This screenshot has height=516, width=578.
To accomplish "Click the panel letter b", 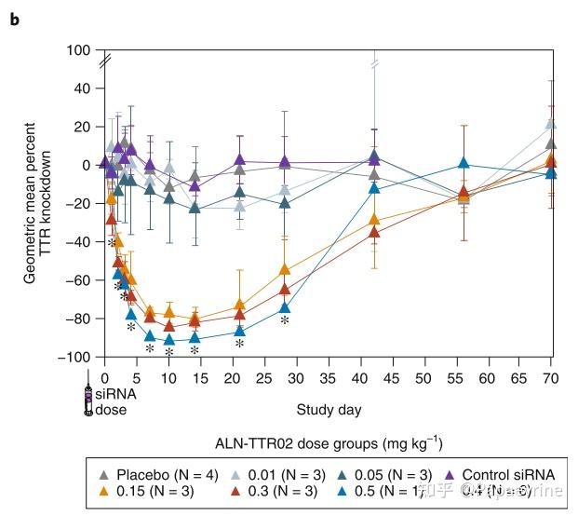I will tap(14, 19).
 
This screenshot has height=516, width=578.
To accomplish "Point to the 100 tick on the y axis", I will tap(84, 49).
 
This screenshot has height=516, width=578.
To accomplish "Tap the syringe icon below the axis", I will tap(89, 398).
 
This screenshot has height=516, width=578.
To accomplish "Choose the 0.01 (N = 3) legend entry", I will tap(278, 475).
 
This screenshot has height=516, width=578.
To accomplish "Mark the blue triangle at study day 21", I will tap(239, 331).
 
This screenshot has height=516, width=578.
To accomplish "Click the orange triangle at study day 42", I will tap(374, 220).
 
